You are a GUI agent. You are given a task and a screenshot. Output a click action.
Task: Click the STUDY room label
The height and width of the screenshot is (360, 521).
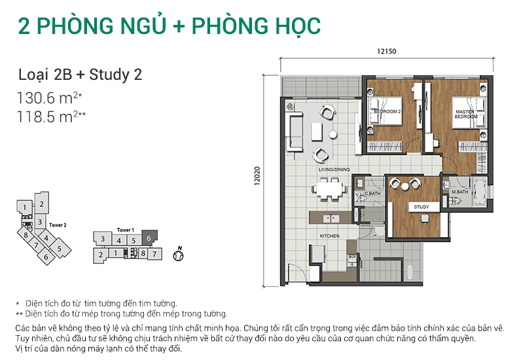click(422, 207)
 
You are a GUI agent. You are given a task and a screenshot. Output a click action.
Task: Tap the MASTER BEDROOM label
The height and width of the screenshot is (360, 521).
click(465, 115)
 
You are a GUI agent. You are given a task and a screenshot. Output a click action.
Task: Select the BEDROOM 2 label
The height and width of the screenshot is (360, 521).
click(386, 111)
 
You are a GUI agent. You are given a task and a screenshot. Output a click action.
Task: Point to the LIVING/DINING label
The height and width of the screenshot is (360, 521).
click(334, 170)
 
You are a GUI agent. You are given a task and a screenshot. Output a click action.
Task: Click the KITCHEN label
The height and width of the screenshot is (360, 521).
click(329, 235)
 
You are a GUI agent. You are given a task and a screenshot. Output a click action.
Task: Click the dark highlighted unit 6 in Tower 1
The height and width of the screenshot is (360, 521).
click(149, 240)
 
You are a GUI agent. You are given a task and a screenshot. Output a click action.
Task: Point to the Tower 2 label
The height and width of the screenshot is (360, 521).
click(58, 225)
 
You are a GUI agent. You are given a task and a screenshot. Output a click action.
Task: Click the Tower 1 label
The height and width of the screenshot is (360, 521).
click(126, 230)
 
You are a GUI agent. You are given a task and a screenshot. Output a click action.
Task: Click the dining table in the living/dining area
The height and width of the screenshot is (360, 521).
click(331, 189)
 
